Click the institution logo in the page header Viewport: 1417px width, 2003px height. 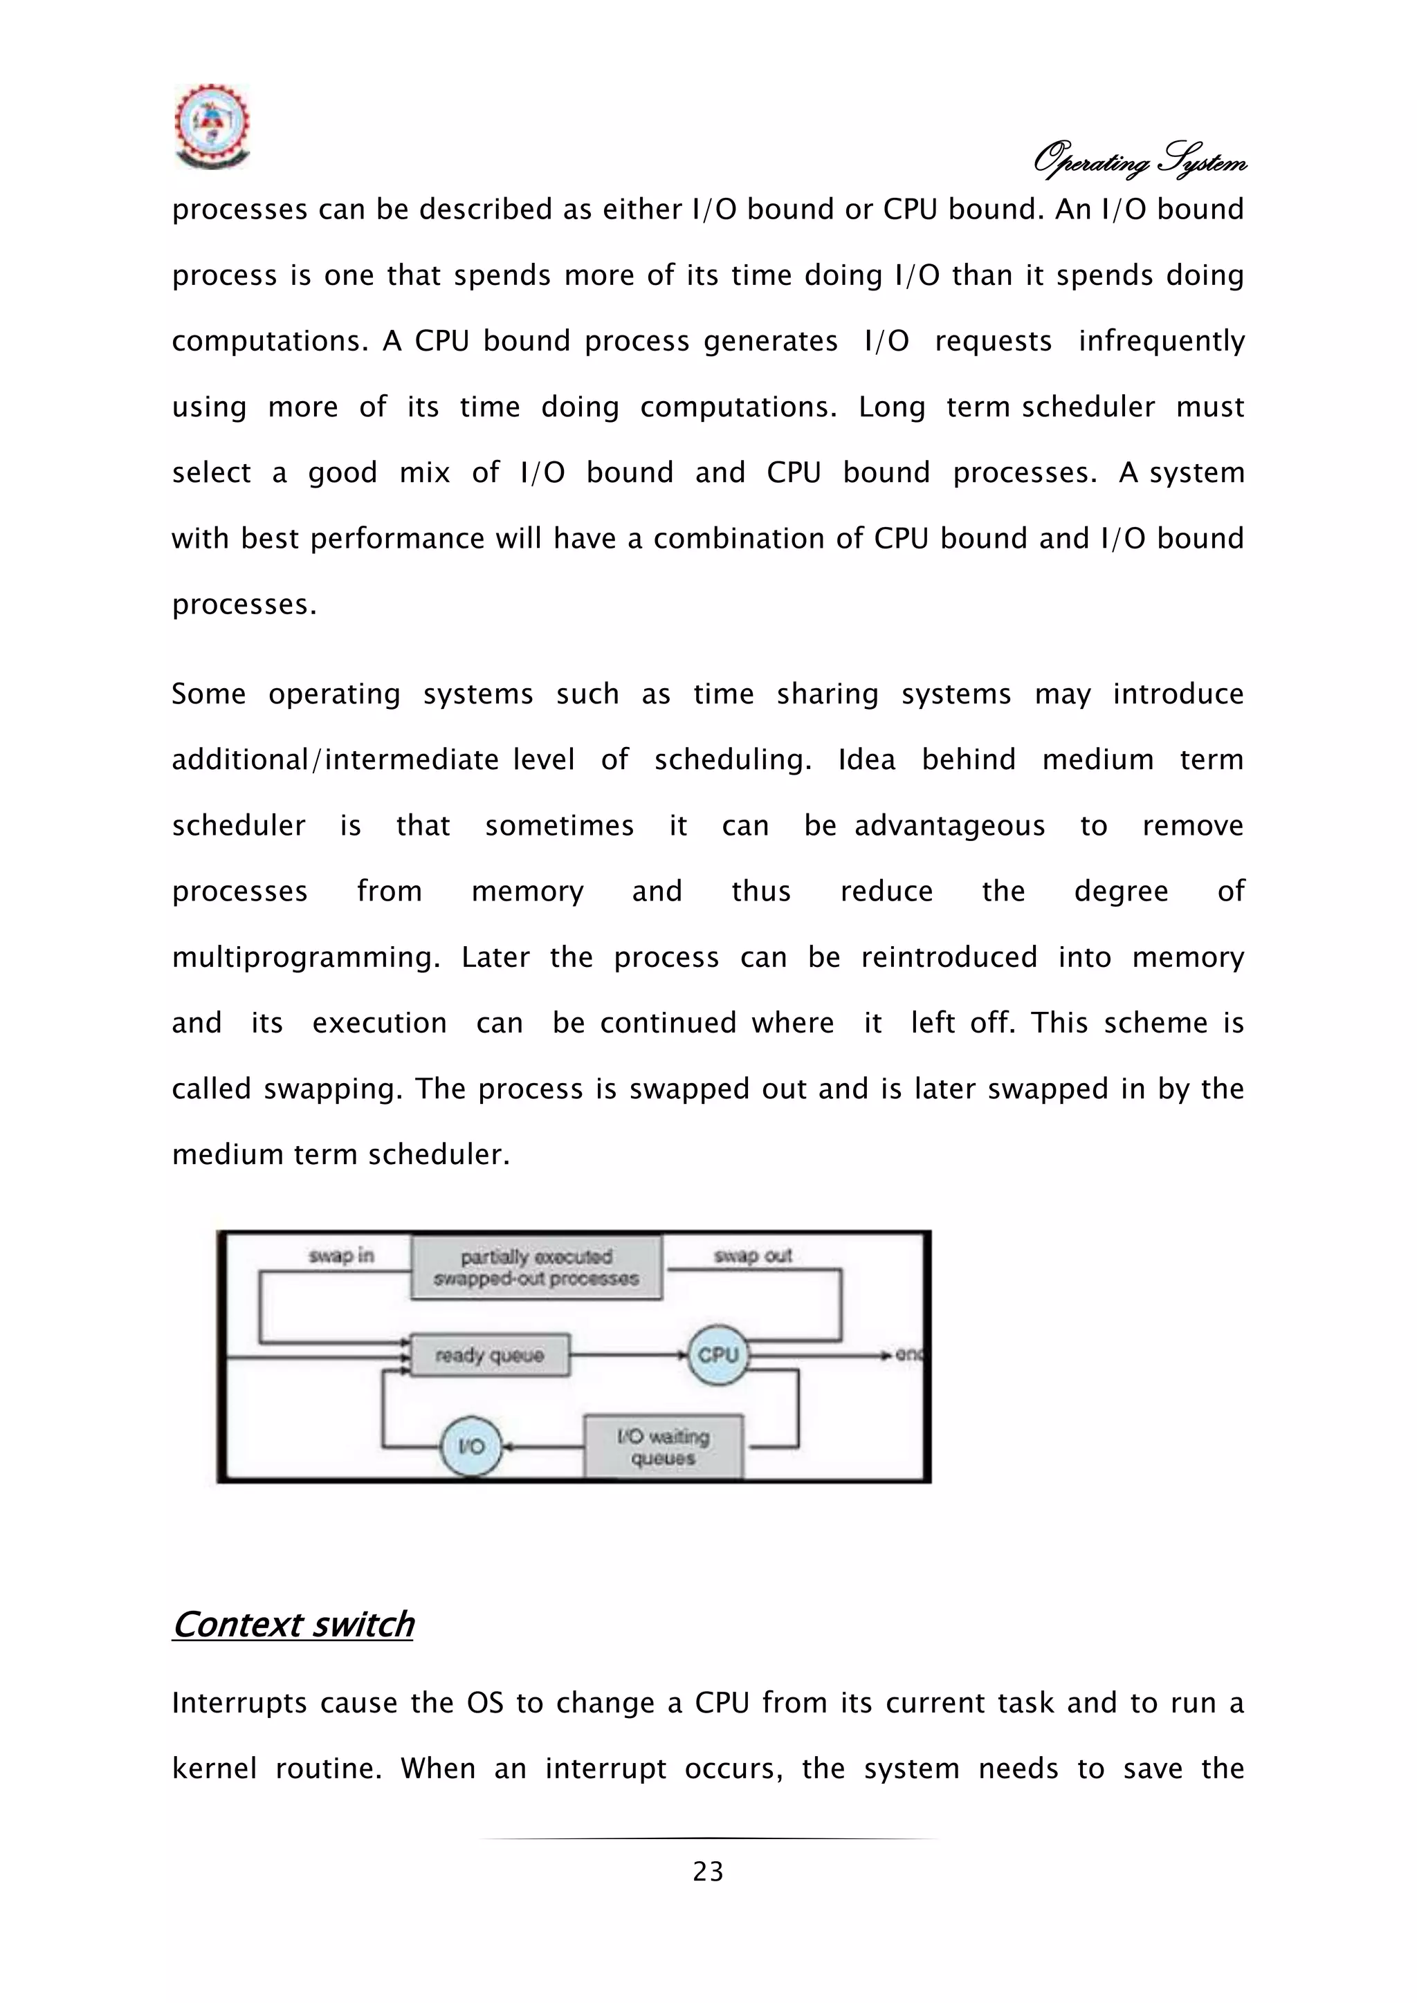(212, 127)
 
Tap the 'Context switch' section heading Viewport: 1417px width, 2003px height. (293, 1625)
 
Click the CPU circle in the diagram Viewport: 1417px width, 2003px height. (718, 1355)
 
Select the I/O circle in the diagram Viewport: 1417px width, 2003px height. (471, 1446)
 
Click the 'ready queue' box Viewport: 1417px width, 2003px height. (489, 1355)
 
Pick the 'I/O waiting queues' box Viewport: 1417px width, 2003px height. (663, 1446)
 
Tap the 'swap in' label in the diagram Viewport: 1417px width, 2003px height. (341, 1255)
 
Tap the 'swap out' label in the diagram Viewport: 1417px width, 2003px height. (752, 1255)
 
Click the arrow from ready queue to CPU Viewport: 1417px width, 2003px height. (628, 1355)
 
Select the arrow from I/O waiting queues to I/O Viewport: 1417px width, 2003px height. (545, 1446)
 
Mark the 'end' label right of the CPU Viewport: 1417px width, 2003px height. (909, 1355)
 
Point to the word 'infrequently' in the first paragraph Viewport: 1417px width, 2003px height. (1160, 341)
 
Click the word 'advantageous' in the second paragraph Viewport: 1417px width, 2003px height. (949, 826)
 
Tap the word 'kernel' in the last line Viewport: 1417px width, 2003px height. (214, 1769)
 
